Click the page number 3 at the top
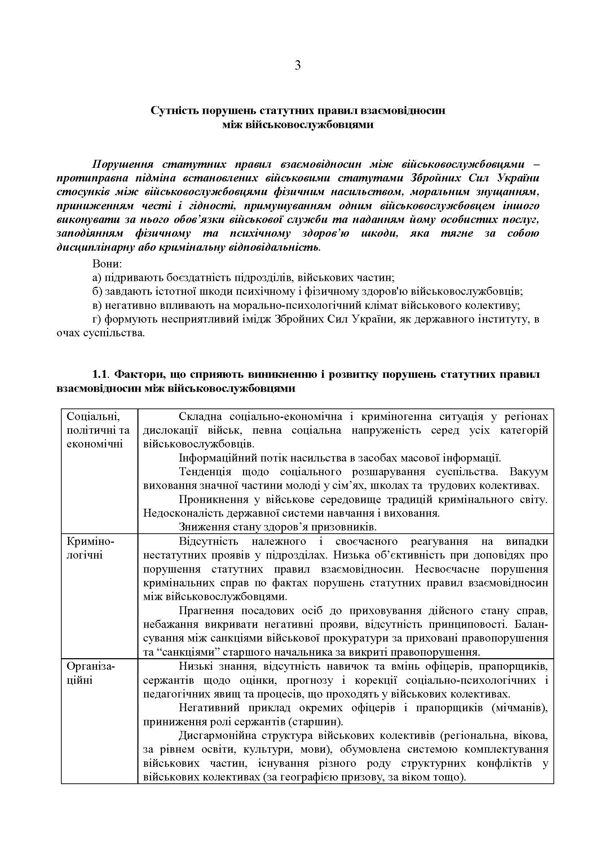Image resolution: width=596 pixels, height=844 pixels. (298, 66)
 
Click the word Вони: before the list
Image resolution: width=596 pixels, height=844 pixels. (107, 263)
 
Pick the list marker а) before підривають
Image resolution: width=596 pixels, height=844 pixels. (97, 277)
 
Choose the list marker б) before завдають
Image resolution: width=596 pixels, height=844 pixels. (97, 292)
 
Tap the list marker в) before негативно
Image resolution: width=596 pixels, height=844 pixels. (97, 306)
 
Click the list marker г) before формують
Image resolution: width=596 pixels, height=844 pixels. (97, 319)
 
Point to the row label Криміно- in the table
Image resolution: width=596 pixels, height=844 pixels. (90, 541)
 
